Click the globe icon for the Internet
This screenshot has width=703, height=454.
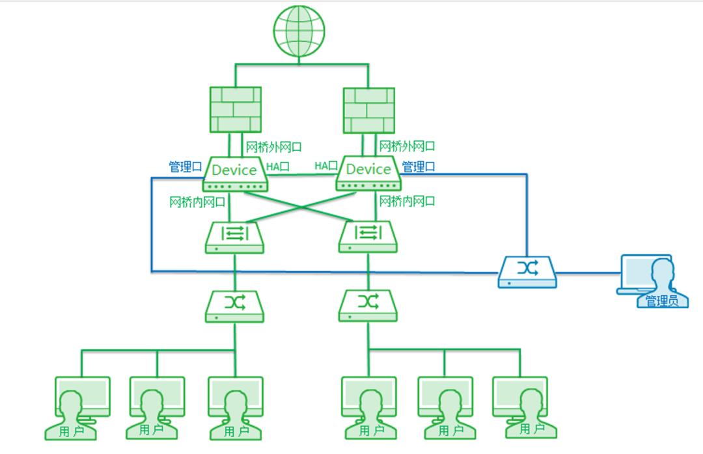pyautogui.click(x=299, y=31)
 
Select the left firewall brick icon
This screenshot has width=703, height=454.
pyautogui.click(x=235, y=111)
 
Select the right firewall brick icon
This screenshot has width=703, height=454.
pyautogui.click(x=369, y=111)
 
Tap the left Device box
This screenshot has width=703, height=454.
pyautogui.click(x=234, y=173)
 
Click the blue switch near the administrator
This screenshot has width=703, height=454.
pyautogui.click(x=527, y=272)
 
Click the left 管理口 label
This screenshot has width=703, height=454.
pyautogui.click(x=185, y=167)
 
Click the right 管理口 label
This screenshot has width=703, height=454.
pyautogui.click(x=419, y=167)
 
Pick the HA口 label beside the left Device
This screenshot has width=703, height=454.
pyautogui.click(x=277, y=167)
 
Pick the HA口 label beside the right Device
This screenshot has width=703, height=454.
pyautogui.click(x=326, y=167)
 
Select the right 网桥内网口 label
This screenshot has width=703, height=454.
pyautogui.click(x=407, y=201)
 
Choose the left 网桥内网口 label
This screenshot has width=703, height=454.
pyautogui.click(x=197, y=202)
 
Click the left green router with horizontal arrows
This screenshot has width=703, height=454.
pyautogui.click(x=234, y=237)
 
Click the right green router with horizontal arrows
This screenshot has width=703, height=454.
pyautogui.click(x=369, y=237)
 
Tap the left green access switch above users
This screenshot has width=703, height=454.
pyautogui.click(x=234, y=306)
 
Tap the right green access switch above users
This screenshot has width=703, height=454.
pyautogui.click(x=368, y=306)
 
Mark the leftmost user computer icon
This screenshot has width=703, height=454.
pyautogui.click(x=79, y=407)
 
